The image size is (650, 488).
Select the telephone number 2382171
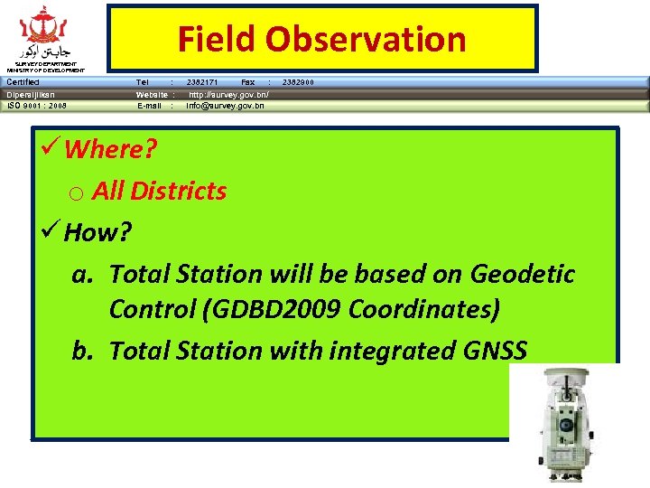click(202, 82)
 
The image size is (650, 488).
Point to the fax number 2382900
click(299, 82)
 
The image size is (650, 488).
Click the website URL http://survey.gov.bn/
click(228, 94)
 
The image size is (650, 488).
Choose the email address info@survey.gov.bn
click(225, 106)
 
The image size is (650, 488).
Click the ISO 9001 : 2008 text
click(37, 106)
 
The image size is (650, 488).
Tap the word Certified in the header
click(23, 82)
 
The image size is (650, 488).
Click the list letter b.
click(81, 350)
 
